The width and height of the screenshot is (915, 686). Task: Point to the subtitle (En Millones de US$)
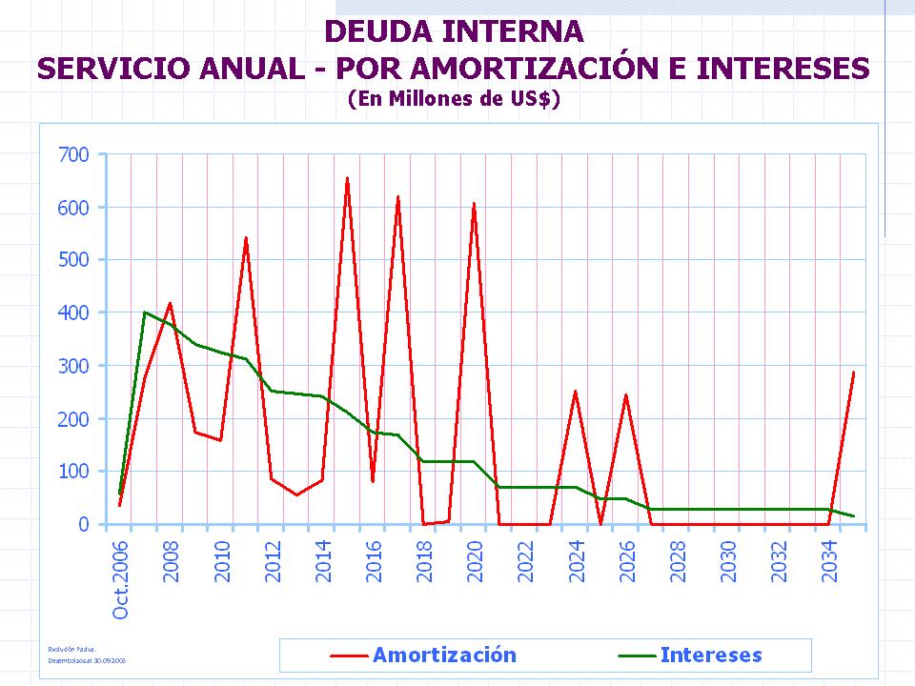(453, 99)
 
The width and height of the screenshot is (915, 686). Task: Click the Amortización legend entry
(444, 655)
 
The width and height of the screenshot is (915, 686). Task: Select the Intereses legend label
(711, 655)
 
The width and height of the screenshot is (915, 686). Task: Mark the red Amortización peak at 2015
(347, 178)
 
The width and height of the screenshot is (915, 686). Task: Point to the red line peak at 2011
(246, 238)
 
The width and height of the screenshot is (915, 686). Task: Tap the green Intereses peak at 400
(145, 313)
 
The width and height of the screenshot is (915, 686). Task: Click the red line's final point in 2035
(853, 373)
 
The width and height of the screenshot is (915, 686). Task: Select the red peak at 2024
(575, 392)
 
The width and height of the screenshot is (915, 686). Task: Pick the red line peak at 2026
(625, 394)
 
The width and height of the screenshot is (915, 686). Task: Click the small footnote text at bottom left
(87, 654)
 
